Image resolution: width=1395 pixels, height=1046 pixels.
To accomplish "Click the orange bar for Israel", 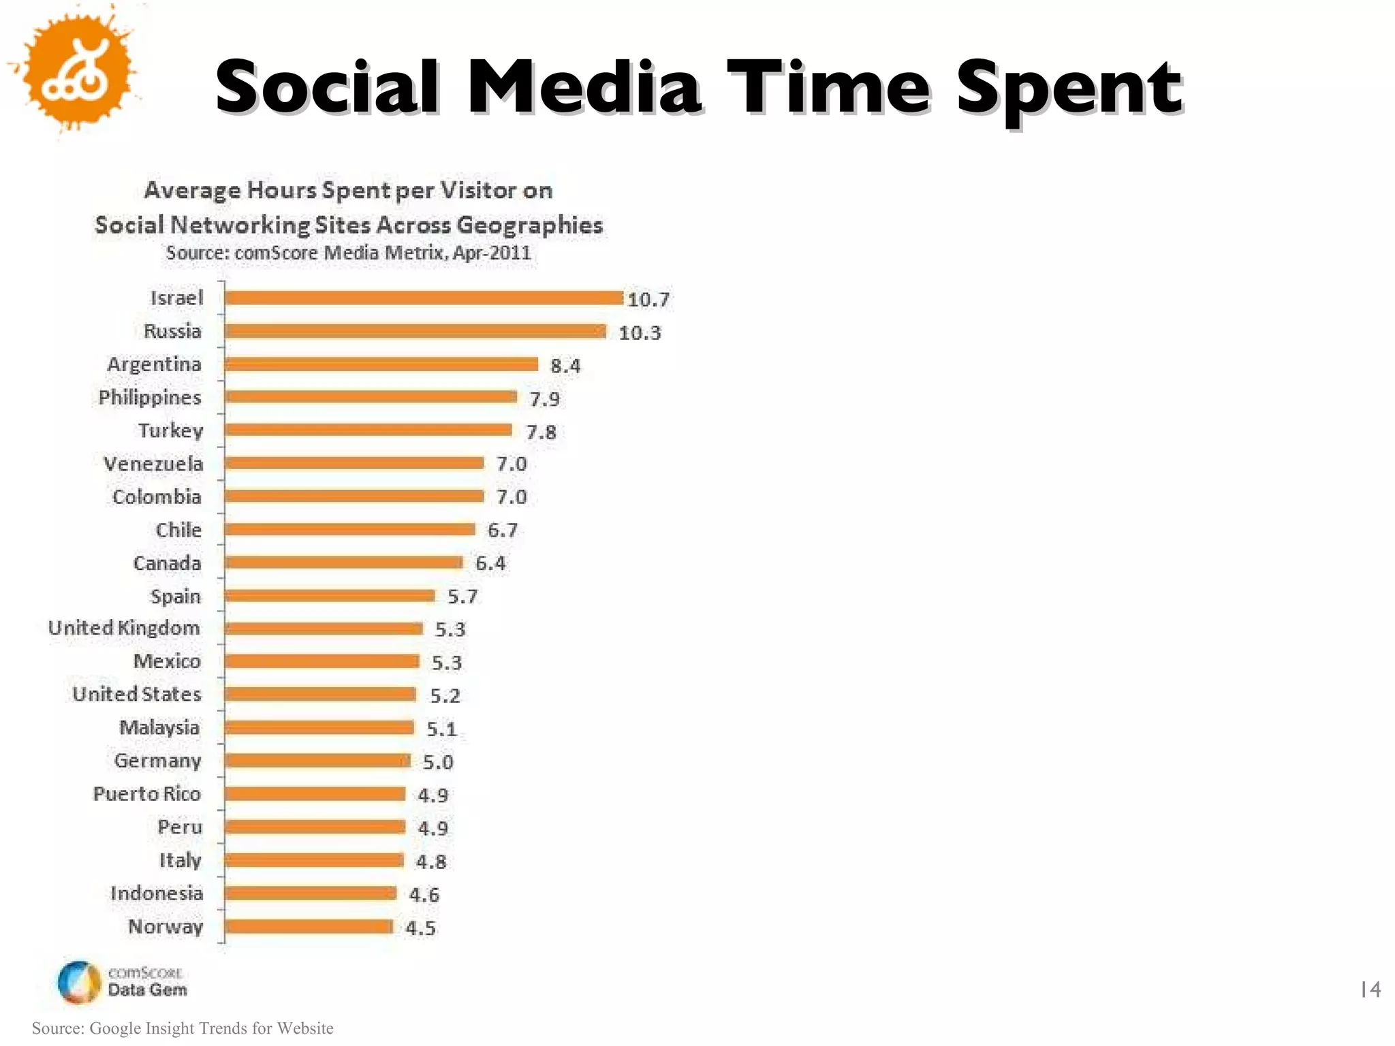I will coord(424,298).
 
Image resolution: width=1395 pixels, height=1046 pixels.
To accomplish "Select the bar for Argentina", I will coord(381,364).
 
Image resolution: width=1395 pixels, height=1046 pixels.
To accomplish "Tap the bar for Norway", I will coord(309,926).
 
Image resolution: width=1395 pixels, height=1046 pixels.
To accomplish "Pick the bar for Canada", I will coord(344,562).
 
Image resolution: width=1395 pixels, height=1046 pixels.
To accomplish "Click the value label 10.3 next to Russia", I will coord(640,332).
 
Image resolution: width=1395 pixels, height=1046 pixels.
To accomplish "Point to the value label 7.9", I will coord(544,398).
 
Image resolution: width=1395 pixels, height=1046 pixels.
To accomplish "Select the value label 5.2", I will coord(445,695).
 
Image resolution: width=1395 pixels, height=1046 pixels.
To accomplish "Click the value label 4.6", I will coord(424,894).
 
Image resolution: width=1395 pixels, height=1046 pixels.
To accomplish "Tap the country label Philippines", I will coord(150,398).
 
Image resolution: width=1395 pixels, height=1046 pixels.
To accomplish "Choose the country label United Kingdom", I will coord(124,628).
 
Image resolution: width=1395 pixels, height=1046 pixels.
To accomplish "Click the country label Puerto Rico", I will coord(146,794).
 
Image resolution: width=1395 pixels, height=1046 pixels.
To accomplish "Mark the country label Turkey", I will coord(170,431).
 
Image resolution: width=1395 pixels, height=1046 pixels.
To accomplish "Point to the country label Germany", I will coord(157,761).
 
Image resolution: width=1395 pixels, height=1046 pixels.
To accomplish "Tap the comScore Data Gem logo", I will coord(123,981).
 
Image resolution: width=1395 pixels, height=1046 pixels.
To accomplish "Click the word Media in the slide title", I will coord(584,87).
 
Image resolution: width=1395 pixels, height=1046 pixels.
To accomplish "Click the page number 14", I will coord(1370,989).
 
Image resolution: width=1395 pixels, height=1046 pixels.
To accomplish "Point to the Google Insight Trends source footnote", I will coord(183,1028).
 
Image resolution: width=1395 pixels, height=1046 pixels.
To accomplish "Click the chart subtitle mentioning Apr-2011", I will coord(348,253).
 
